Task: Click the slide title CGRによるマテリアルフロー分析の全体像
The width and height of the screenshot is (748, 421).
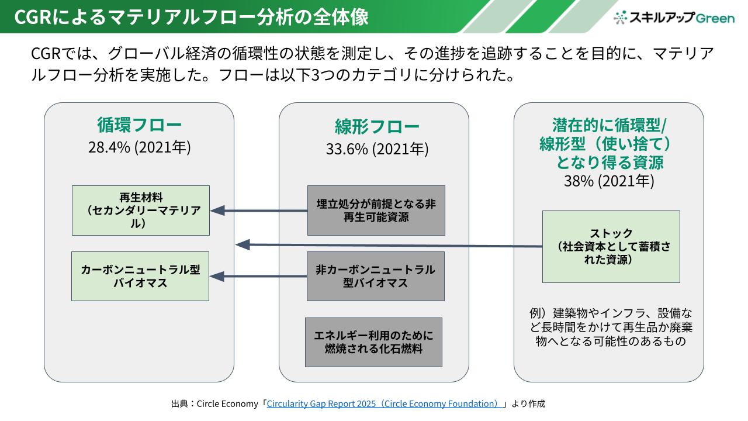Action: pos(191,17)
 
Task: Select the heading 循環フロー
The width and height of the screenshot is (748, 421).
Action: pos(139,125)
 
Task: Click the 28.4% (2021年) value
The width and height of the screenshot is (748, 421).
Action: pos(139,147)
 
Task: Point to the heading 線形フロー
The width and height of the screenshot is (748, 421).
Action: pos(377,127)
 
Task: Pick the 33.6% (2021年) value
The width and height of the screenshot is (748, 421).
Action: pos(377,149)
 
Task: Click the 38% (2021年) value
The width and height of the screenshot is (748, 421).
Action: pos(609,181)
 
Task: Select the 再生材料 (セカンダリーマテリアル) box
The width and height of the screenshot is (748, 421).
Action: pos(141,210)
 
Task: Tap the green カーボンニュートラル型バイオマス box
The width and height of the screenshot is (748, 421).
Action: pos(140,276)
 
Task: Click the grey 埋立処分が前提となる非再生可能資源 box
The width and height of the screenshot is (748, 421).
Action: pos(376,210)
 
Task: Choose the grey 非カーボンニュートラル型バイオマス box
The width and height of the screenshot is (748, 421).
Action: pos(375,276)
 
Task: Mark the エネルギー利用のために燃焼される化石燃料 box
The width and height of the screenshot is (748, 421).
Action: pos(373,342)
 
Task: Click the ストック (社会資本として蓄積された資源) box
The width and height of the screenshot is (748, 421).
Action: pos(611,246)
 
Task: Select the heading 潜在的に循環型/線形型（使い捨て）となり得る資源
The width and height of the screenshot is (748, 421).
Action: pos(608,143)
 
